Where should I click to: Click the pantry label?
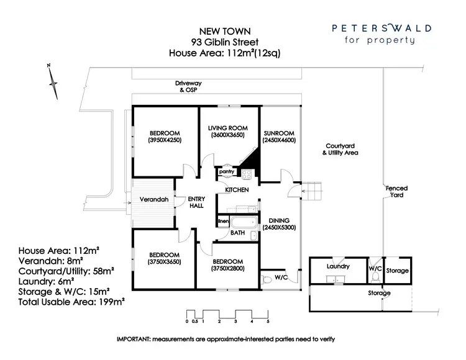pyautogui.click(x=226, y=171)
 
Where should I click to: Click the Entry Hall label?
pyautogui.click(x=197, y=202)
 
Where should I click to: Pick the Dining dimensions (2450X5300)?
pyautogui.click(x=278, y=227)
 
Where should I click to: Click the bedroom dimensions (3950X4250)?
pyautogui.click(x=165, y=140)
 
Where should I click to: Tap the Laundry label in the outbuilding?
pyautogui.click(x=338, y=266)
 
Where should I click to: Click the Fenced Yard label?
pyautogui.click(x=395, y=191)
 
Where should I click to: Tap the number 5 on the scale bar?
pyautogui.click(x=268, y=322)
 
